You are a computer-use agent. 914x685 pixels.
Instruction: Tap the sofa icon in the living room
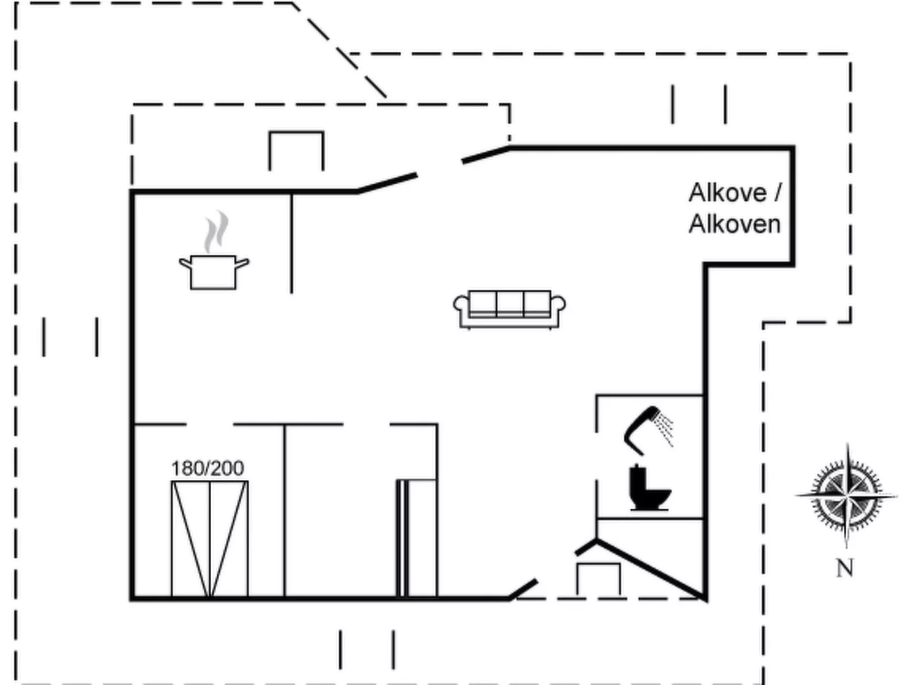point(509,309)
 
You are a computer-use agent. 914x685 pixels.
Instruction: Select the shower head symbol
point(648,430)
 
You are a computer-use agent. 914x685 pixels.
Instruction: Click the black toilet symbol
point(649,487)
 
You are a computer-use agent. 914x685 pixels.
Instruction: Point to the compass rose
point(846,496)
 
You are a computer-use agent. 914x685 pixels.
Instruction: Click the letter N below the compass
point(845,568)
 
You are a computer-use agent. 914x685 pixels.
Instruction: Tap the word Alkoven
point(735,225)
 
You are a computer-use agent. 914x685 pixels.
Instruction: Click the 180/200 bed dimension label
point(208,469)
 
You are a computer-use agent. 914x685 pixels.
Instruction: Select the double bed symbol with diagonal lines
point(210,539)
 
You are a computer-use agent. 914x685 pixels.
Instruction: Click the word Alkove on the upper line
point(727,193)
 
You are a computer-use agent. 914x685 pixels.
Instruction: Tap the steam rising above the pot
point(216,232)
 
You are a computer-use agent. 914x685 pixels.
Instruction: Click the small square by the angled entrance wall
point(598,579)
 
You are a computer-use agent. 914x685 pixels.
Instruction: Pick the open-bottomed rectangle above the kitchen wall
point(297,151)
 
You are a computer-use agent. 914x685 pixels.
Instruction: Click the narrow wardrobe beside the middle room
point(417,538)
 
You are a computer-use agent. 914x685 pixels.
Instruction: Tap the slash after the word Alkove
point(777,193)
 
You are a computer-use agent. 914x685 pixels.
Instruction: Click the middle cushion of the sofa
point(510,304)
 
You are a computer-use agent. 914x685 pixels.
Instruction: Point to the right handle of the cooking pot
point(242,263)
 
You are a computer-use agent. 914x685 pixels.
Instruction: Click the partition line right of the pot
point(291,243)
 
